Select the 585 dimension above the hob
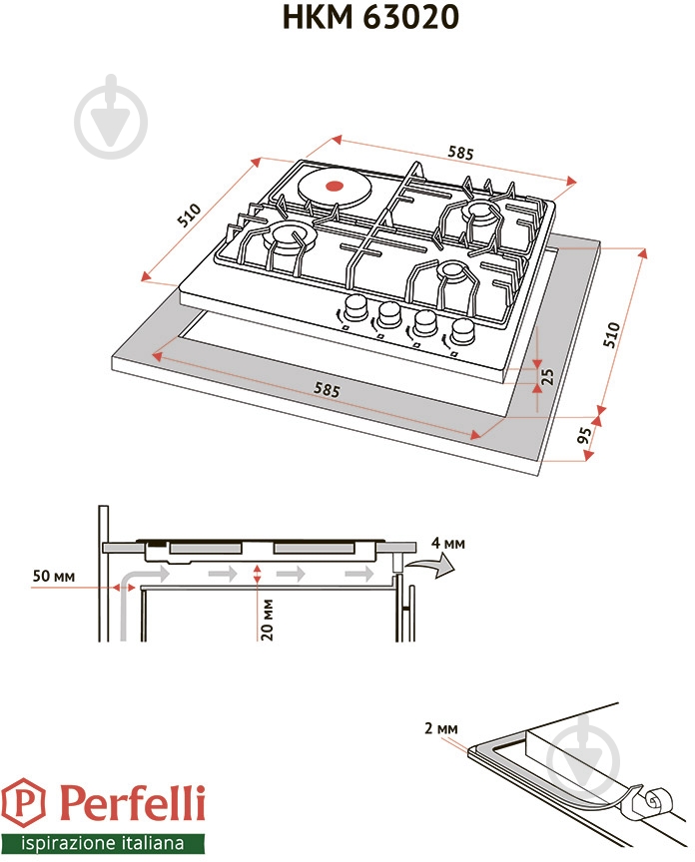click(x=459, y=154)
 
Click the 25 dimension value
click(x=546, y=376)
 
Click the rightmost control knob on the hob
click(x=462, y=331)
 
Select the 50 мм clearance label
click(x=53, y=577)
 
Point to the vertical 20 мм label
click(x=267, y=621)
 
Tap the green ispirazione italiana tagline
click(x=104, y=841)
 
